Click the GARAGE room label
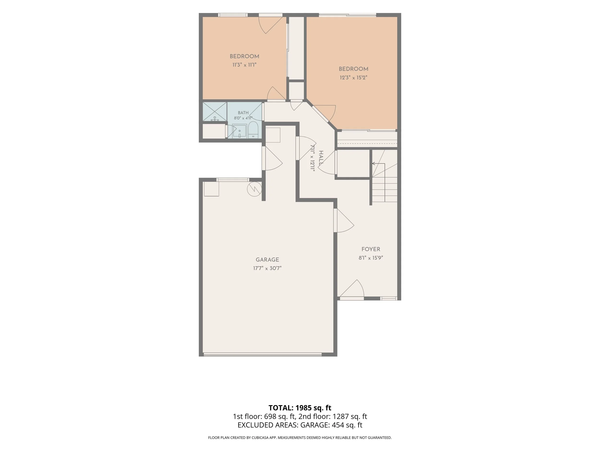[267, 260]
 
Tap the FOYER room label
[371, 249]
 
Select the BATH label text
[243, 113]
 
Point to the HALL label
[321, 158]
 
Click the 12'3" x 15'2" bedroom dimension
[354, 78]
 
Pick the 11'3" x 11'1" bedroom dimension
[244, 65]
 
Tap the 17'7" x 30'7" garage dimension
[267, 268]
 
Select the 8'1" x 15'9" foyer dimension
[371, 258]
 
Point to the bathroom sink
[240, 131]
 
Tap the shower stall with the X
[215, 112]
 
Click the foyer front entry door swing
[352, 289]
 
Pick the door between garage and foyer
[344, 220]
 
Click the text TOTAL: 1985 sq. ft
[300, 408]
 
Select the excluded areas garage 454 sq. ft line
[300, 425]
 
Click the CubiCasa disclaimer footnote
[300, 438]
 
